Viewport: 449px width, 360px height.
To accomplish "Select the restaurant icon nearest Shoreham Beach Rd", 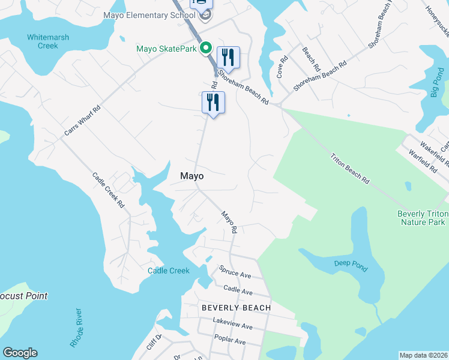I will click(228, 58).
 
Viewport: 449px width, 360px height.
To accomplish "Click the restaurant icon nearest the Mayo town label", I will click(213, 102).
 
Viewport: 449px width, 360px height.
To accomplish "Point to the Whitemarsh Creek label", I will click(48, 41).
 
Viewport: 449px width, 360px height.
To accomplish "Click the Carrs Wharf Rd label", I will click(83, 120).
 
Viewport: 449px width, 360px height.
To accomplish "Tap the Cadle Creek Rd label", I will click(108, 190).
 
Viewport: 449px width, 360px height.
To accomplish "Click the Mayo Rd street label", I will click(229, 221).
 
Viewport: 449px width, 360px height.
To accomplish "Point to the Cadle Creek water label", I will click(169, 271).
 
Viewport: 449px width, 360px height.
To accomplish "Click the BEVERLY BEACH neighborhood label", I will click(236, 308).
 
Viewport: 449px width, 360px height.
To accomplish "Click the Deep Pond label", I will click(351, 265).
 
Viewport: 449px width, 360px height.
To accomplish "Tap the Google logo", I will click(20, 353).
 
